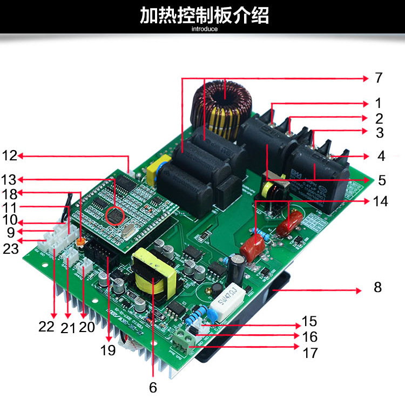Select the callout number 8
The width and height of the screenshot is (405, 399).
coord(377,287)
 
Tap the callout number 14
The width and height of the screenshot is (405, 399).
coord(380,201)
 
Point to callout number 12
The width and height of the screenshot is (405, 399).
coord(9,156)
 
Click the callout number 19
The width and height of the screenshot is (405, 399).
coord(108,350)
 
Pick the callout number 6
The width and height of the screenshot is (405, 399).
coord(153,387)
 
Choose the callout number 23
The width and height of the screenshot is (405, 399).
coord(11,249)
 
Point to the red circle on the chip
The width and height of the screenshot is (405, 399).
coord(115,217)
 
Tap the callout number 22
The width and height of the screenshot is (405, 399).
coord(46,327)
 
